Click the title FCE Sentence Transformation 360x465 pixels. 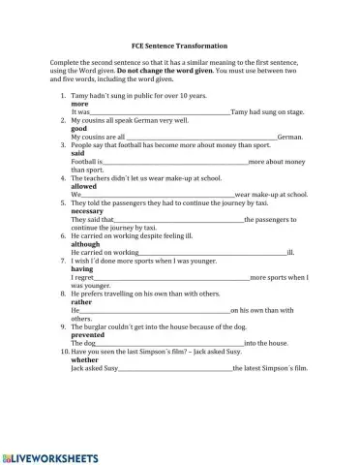click(x=179, y=46)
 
